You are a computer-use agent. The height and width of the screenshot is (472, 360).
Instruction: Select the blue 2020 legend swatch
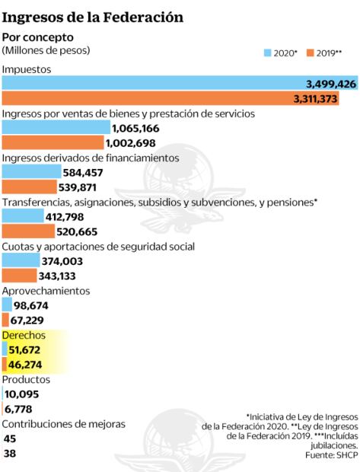click(268, 53)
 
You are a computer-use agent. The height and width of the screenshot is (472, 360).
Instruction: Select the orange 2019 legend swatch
click(310, 53)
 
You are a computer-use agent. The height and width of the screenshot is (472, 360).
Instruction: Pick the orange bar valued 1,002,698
click(53, 143)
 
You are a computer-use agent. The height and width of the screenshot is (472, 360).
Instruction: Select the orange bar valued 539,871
click(29, 187)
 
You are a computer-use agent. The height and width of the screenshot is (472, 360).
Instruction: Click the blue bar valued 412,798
click(23, 217)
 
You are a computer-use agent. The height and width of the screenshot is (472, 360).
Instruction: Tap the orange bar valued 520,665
click(28, 231)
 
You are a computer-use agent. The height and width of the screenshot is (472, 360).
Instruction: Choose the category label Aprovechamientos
click(46, 291)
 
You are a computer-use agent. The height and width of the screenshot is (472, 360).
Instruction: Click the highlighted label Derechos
click(24, 335)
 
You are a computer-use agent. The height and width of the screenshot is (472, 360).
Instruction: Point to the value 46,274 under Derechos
click(30, 365)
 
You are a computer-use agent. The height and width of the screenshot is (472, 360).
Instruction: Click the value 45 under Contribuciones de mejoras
click(10, 439)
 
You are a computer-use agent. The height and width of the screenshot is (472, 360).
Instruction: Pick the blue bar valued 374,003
click(21, 261)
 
